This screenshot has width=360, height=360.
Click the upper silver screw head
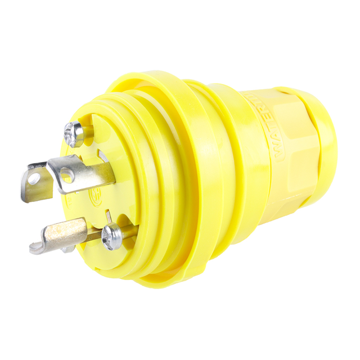74,134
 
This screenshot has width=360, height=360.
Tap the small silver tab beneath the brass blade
66,248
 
